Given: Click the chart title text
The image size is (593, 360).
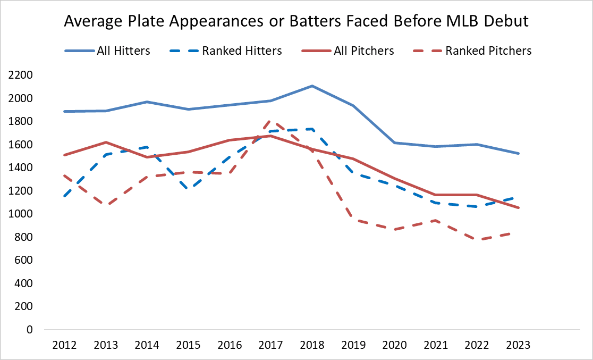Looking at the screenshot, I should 296,22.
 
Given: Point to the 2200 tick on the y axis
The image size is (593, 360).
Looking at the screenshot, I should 20,75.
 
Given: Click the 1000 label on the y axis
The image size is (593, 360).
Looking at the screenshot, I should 20,214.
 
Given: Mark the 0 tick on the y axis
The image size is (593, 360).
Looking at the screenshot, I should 30,330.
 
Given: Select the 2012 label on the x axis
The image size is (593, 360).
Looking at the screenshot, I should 64,345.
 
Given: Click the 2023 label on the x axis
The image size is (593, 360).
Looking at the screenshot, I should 518,345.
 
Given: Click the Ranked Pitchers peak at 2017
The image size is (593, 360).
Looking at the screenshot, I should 269,122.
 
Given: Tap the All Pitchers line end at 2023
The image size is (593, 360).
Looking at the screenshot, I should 519,208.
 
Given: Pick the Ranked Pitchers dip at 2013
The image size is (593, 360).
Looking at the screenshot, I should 106,205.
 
